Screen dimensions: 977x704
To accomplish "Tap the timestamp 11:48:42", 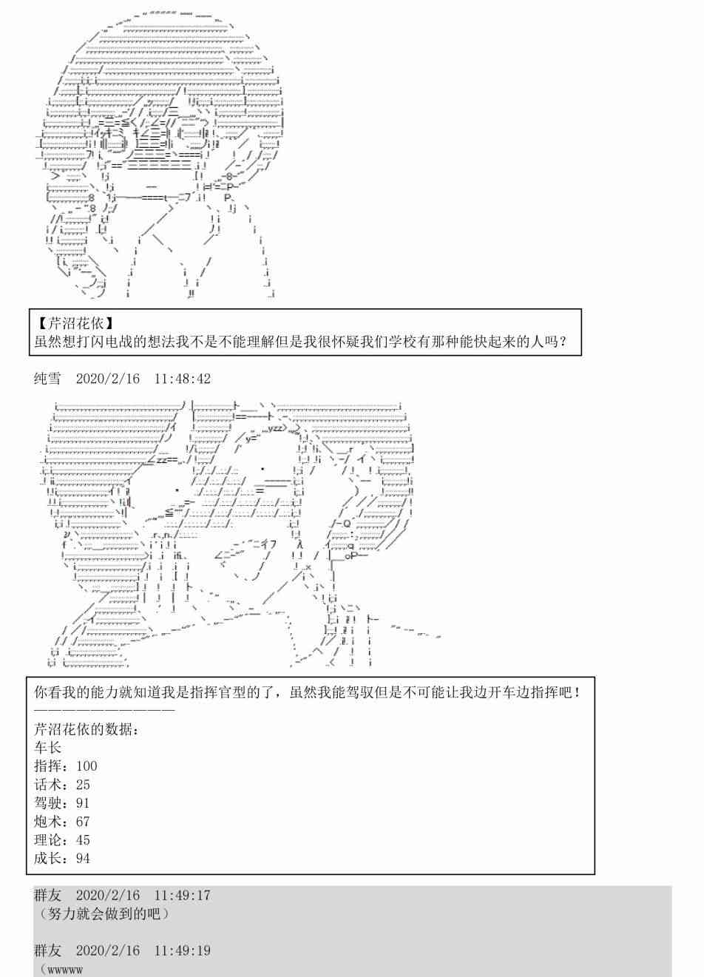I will coord(183,379).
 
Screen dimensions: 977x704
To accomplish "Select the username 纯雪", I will coord(47,379).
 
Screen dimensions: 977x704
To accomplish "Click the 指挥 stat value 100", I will coord(87,766).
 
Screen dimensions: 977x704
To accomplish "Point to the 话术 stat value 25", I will coord(83,785).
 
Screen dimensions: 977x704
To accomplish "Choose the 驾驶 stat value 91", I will coord(83,803).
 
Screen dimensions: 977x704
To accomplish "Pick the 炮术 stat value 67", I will coord(83,822).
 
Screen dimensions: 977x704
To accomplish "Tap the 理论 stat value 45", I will coord(83,840).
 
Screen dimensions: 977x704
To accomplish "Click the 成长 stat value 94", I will coord(83,859).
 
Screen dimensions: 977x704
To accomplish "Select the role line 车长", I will coord(47,748).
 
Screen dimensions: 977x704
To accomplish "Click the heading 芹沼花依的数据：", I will coord(87,729).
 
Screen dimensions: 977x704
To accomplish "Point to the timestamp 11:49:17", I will coord(183,896).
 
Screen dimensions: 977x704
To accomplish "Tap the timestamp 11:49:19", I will coord(183,950).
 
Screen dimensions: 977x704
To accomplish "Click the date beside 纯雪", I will coord(108,379).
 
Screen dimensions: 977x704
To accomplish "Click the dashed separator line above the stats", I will coord(104,710).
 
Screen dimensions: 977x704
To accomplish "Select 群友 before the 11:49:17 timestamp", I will coord(47,896).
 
